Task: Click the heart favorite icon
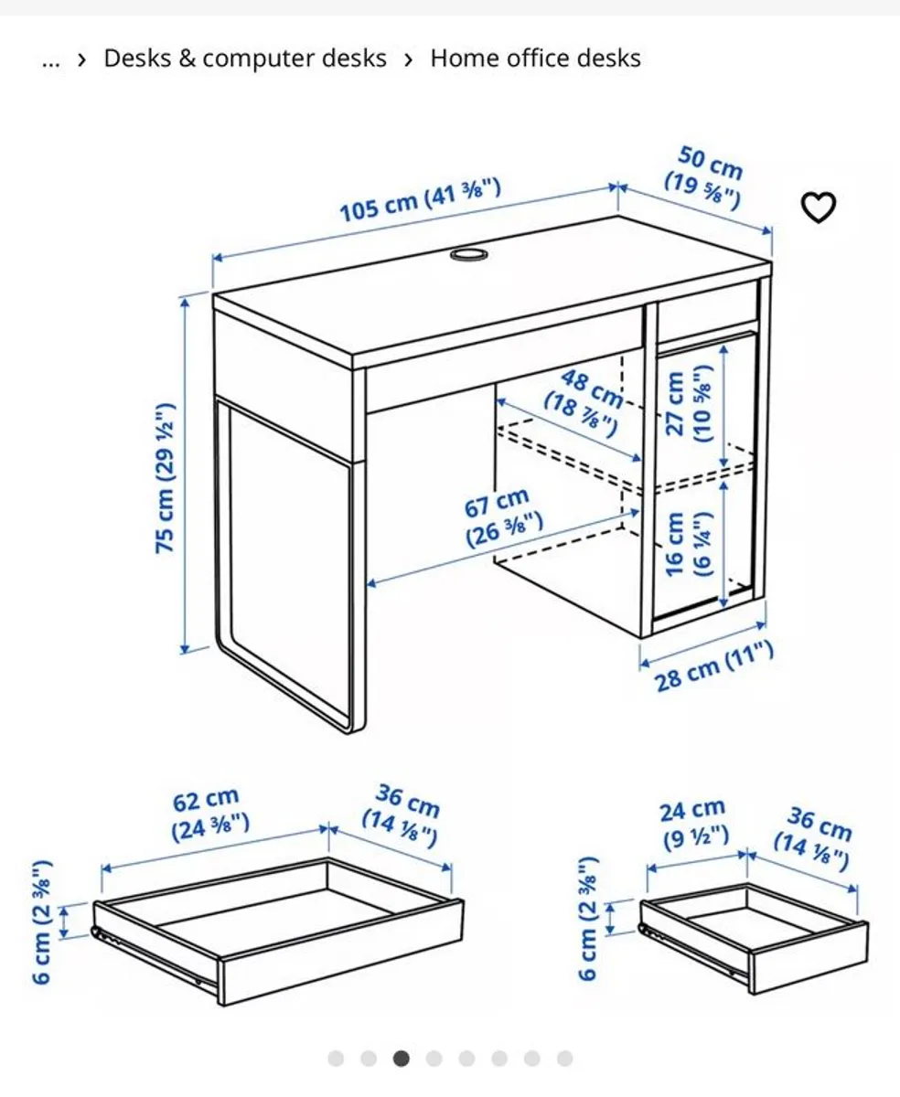(x=818, y=207)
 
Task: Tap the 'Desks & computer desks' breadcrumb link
(x=245, y=59)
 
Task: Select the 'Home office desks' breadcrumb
(x=536, y=59)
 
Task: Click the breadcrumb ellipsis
(x=50, y=62)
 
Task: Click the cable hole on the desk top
(x=468, y=254)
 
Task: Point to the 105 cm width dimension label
(x=420, y=200)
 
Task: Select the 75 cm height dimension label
(x=165, y=478)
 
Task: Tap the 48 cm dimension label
(x=585, y=402)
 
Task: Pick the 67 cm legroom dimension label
(x=502, y=517)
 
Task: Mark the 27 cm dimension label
(x=688, y=403)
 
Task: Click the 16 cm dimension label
(x=688, y=544)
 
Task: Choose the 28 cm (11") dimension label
(x=713, y=666)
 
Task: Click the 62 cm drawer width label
(x=209, y=815)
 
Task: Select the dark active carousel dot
(x=401, y=1059)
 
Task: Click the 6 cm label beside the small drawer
(x=588, y=919)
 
